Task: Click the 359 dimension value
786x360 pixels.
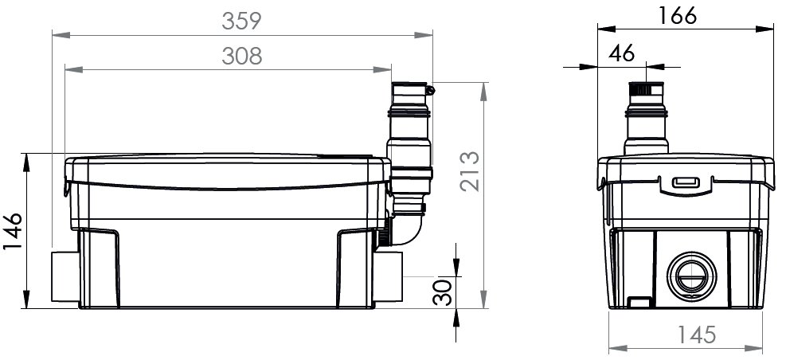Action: point(241,21)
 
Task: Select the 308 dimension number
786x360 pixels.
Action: point(241,57)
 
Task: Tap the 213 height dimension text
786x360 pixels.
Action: point(470,171)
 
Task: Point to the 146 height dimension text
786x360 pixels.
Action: point(13,232)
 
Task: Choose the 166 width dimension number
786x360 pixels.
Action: point(678,16)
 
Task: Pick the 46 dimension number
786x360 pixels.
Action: point(622,53)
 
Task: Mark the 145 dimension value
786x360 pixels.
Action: point(697,335)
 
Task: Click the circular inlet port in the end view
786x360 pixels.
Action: point(692,276)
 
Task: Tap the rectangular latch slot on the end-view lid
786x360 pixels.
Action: point(685,182)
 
